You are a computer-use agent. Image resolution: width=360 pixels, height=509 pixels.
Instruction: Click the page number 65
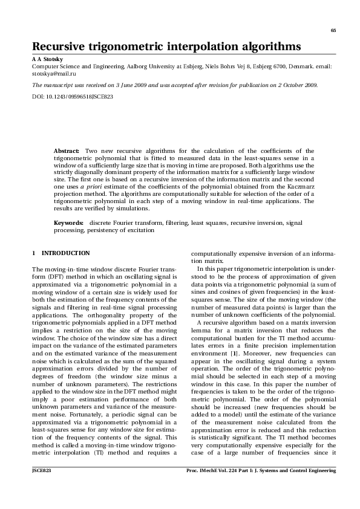333,31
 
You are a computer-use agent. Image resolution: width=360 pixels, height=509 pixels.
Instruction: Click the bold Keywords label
69,223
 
